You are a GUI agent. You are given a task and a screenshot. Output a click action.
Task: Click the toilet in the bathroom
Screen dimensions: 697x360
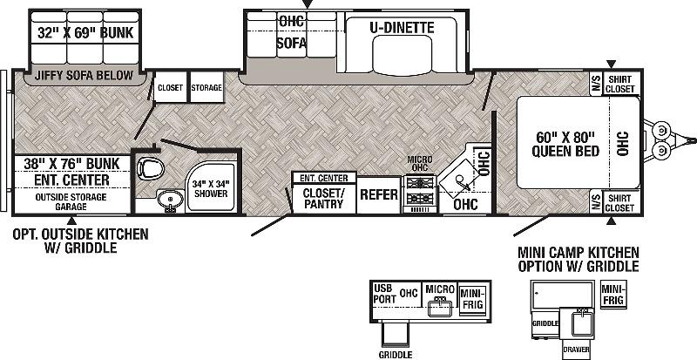pyautogui.click(x=151, y=168)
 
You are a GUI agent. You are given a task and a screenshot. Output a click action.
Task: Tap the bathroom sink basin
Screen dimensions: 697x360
pyautogui.click(x=169, y=199)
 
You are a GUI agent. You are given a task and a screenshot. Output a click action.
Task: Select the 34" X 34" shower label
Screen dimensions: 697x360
pyautogui.click(x=210, y=188)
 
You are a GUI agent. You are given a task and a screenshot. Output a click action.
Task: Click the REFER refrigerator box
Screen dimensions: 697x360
pyautogui.click(x=379, y=195)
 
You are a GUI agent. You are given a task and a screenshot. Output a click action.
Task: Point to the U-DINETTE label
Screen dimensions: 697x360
pyautogui.click(x=402, y=28)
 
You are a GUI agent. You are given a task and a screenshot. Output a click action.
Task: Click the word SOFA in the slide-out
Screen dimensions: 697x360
pyautogui.click(x=292, y=44)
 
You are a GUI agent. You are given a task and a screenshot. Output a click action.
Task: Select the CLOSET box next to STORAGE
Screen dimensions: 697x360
pyautogui.click(x=171, y=87)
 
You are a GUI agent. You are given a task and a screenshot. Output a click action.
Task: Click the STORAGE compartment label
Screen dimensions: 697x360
pyautogui.click(x=206, y=88)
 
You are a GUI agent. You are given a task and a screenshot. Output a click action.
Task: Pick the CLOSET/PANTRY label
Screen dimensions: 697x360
pyautogui.click(x=323, y=199)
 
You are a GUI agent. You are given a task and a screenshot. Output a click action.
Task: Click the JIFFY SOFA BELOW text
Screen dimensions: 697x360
pyautogui.click(x=84, y=75)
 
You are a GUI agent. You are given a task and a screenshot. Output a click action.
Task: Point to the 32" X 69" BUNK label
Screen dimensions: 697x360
pyautogui.click(x=85, y=32)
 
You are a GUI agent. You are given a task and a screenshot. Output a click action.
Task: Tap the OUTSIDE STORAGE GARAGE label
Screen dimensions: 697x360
pyautogui.click(x=71, y=202)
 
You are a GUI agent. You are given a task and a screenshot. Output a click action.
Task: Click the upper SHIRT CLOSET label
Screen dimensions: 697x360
pyautogui.click(x=621, y=84)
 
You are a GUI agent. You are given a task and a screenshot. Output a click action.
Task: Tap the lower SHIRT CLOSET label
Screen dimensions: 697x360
pyautogui.click(x=621, y=203)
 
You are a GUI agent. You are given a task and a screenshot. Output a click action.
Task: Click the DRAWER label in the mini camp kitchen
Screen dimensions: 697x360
pyautogui.click(x=576, y=350)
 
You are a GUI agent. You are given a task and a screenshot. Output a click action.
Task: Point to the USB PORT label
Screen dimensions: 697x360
pyautogui.click(x=384, y=294)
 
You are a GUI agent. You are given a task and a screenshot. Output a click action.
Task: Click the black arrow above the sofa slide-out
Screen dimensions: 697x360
pyautogui.click(x=308, y=4)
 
